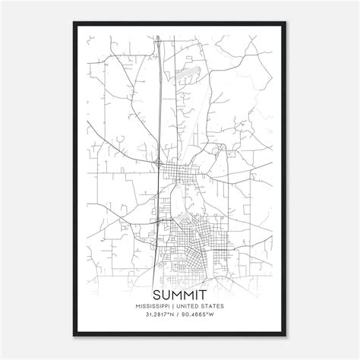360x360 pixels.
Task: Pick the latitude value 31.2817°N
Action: [x=159, y=314]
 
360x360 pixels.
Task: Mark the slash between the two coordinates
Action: [x=180, y=314]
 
